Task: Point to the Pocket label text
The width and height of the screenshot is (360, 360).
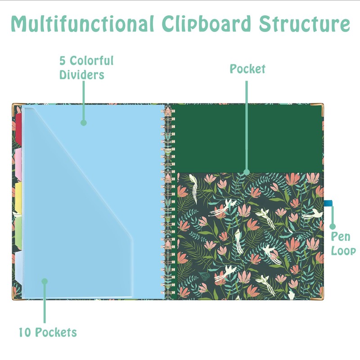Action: click(247, 69)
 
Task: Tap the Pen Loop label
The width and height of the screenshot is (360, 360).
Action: click(343, 244)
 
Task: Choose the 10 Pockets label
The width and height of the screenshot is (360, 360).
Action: click(48, 333)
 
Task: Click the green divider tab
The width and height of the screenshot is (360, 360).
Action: click(18, 229)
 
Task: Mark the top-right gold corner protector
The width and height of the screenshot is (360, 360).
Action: click(320, 108)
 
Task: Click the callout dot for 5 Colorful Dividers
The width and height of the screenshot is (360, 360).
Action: click(83, 122)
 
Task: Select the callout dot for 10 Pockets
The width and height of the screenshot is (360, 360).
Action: click(45, 281)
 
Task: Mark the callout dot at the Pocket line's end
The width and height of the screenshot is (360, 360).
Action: click(246, 171)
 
